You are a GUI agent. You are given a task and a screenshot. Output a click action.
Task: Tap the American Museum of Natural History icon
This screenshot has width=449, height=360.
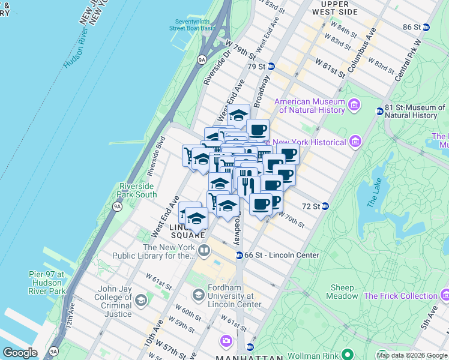tap(354, 106)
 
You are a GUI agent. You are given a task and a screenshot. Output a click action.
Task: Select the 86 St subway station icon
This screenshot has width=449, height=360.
tap(426, 27)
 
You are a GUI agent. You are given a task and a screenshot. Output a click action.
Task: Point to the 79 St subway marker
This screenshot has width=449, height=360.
tap(271, 66)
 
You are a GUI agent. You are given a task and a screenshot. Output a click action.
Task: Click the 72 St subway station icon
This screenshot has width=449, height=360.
tap(325, 206)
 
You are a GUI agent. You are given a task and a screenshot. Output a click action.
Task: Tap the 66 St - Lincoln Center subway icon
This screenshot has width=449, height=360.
tap(238, 255)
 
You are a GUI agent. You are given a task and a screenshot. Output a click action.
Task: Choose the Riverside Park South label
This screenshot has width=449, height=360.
tap(137, 190)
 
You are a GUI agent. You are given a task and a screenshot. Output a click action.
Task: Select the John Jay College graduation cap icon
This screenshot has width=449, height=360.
tap(140, 300)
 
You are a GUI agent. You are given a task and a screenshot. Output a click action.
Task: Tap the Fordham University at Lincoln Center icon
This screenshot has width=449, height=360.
tap(198, 295)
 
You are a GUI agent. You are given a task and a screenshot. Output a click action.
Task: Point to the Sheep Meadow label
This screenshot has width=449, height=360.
tap(342, 292)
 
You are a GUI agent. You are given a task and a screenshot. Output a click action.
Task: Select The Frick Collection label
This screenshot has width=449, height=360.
tap(400, 296)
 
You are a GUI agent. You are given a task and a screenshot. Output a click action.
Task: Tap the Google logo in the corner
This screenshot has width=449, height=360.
tap(20, 353)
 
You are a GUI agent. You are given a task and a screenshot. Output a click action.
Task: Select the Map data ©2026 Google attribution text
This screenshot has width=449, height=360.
tap(411, 355)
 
